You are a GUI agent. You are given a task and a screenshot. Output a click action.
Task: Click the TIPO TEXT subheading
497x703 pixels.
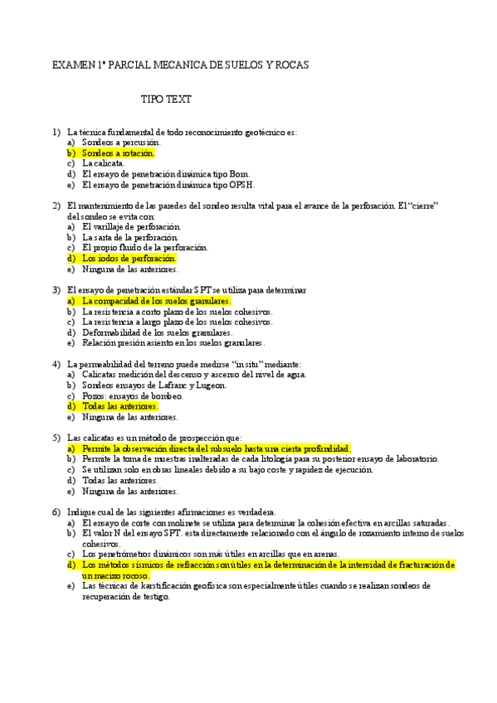[x=166, y=99]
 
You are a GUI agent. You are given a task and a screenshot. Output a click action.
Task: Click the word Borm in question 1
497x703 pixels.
[x=238, y=174]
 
